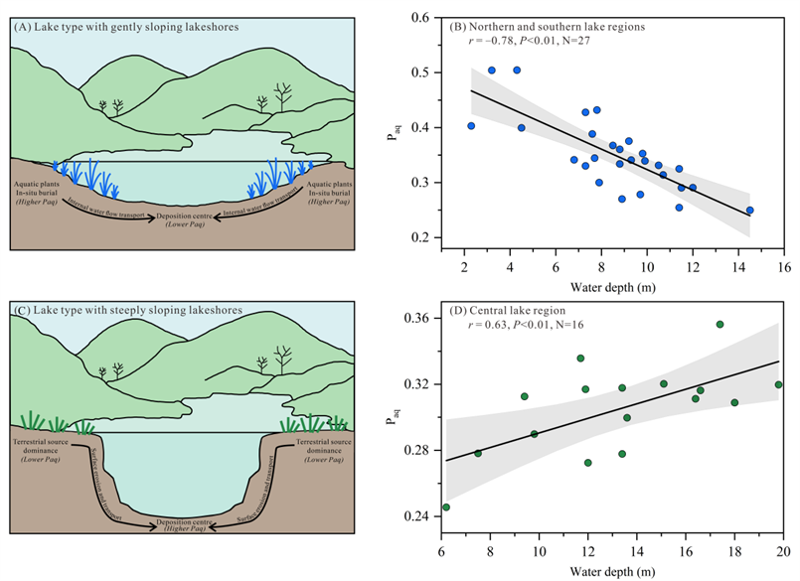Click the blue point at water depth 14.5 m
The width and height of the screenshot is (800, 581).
(749, 211)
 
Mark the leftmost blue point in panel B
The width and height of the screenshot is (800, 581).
(471, 126)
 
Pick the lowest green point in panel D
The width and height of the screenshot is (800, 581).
(446, 508)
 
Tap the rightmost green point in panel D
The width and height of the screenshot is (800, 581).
(779, 384)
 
